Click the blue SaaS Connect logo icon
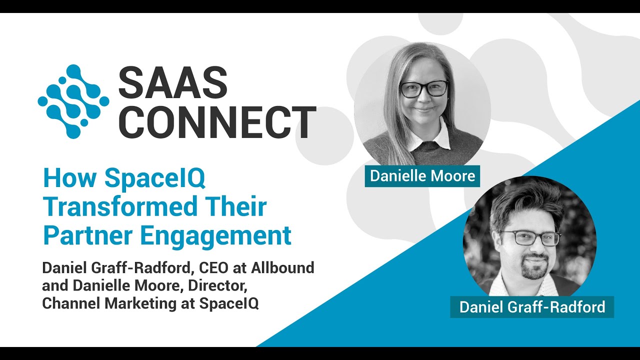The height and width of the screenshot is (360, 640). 73,101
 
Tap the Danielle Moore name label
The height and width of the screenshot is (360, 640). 422,176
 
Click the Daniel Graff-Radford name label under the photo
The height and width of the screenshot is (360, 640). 532,306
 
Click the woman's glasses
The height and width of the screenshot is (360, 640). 423,89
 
